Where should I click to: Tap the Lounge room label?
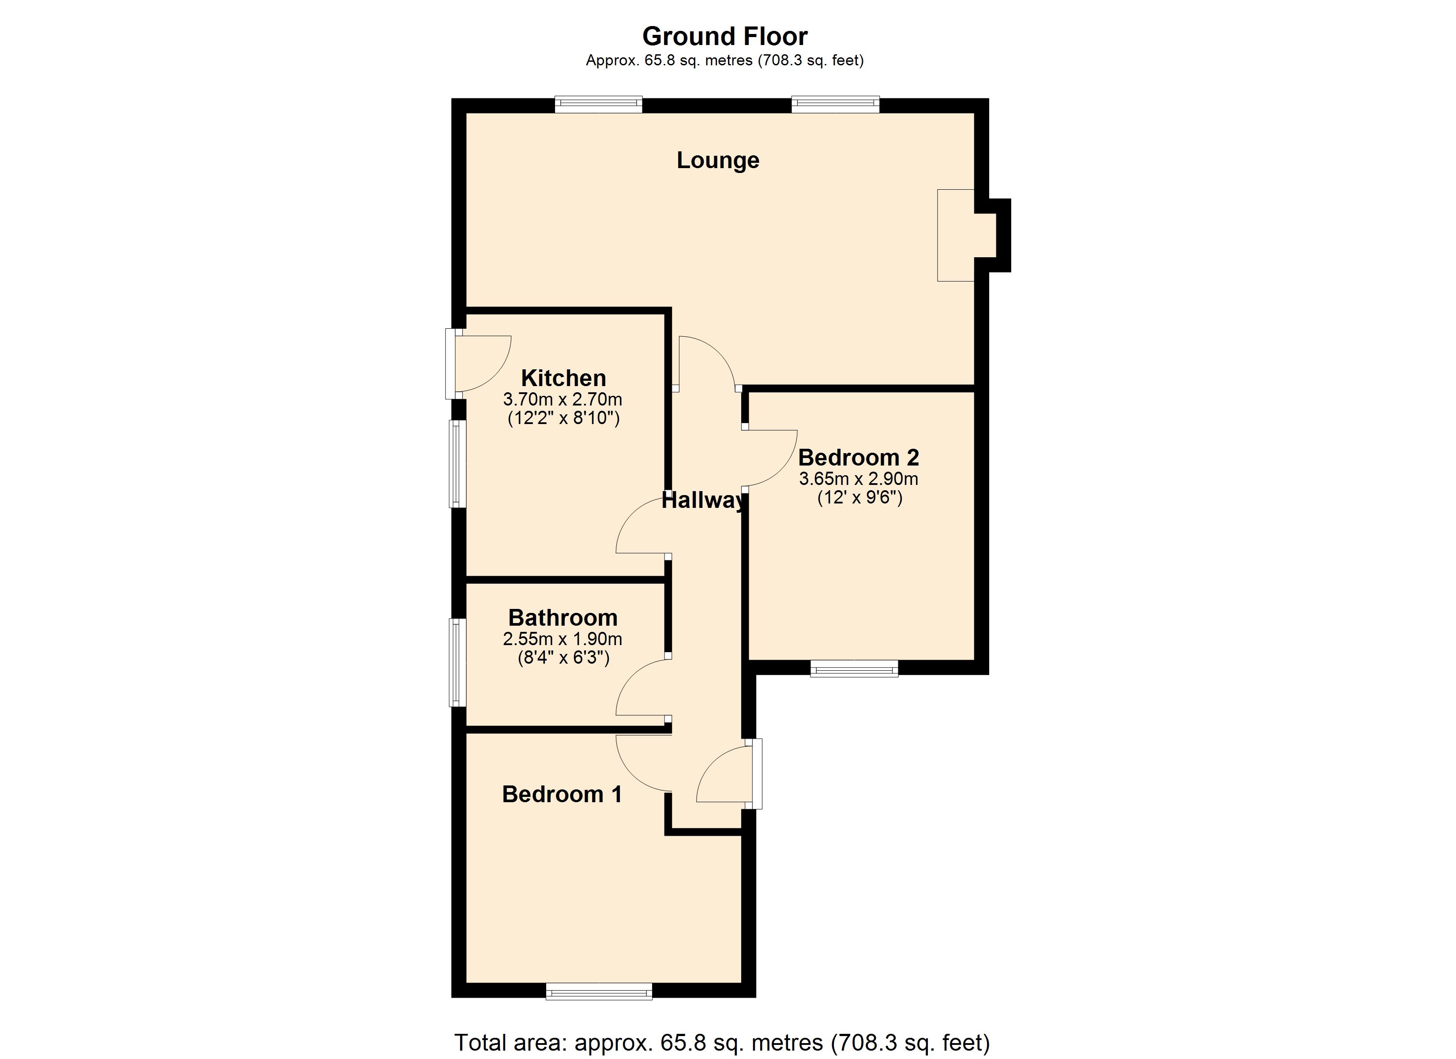(718, 160)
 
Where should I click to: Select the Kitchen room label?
(563, 378)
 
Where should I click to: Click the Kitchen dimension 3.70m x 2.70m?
(563, 399)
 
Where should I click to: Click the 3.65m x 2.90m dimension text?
(858, 478)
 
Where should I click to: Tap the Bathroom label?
(563, 617)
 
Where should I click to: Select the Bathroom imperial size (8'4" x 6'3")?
(563, 657)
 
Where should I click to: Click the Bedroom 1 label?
(562, 794)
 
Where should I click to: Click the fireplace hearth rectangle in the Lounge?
(955, 235)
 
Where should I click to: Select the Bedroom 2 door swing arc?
(770, 458)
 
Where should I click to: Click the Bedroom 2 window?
(854, 670)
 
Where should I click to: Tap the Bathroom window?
(458, 662)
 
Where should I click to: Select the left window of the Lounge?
(598, 104)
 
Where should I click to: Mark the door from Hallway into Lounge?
(706, 363)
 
